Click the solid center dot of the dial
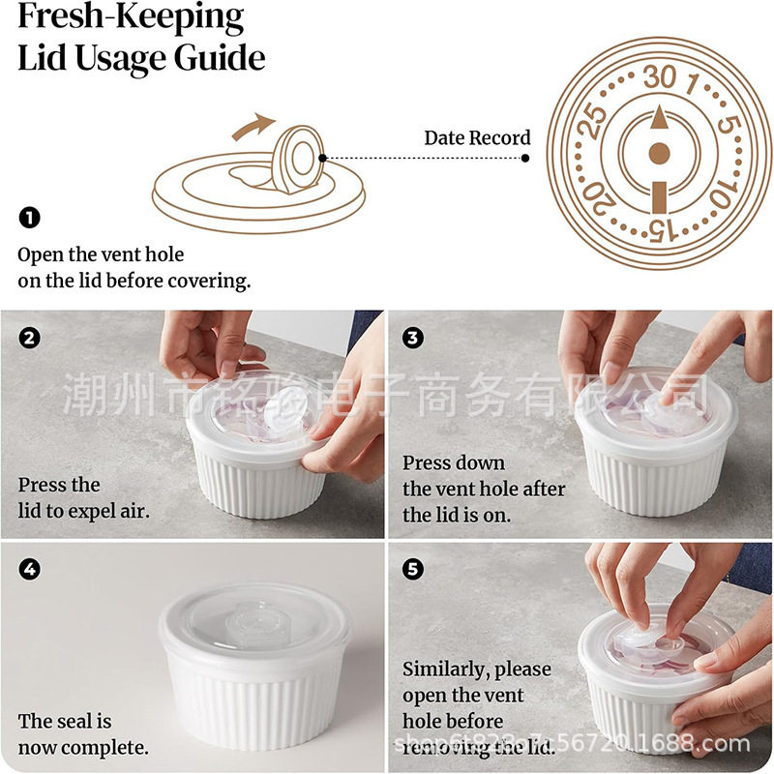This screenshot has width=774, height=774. [x=658, y=152]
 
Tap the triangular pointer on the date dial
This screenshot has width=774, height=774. [x=658, y=118]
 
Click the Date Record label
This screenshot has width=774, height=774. [x=477, y=138]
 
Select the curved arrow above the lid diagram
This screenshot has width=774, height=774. [x=253, y=126]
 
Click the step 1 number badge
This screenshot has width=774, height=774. [x=29, y=218]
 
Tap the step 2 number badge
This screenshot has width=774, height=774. [x=29, y=338]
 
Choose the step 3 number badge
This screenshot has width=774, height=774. [x=414, y=338]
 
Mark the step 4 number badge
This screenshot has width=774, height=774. [x=29, y=569]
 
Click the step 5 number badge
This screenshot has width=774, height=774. [x=414, y=569]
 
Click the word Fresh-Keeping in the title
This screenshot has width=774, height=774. [x=131, y=17]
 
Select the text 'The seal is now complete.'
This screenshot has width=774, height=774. [x=82, y=734]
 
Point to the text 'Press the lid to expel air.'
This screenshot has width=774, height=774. [x=83, y=497]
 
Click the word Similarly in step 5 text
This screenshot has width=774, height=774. [x=446, y=670]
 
